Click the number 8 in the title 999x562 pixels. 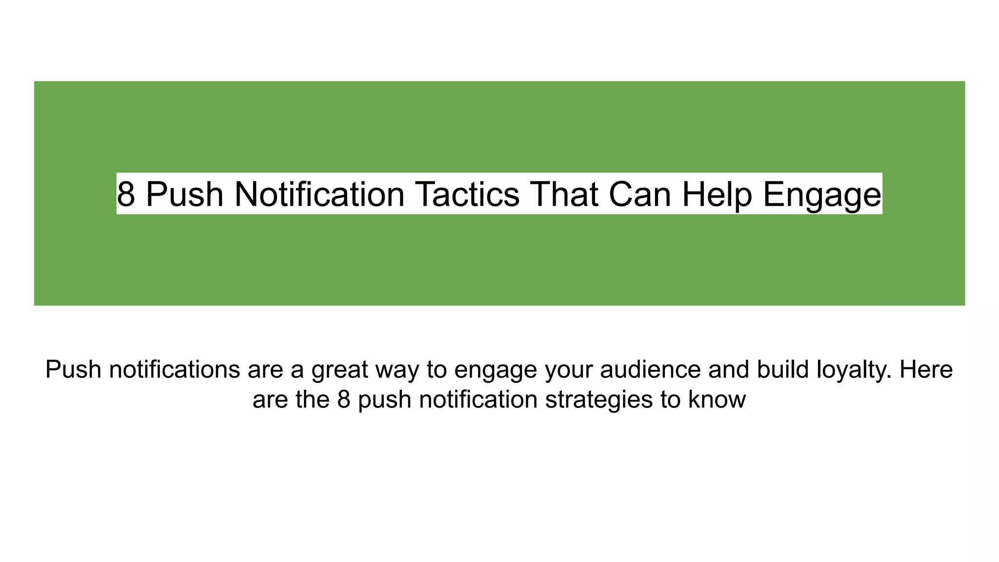tap(126, 194)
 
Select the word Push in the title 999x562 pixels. tap(184, 194)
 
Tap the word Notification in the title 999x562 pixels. tap(320, 194)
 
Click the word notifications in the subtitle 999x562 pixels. tap(175, 369)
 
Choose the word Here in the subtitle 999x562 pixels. tap(926, 369)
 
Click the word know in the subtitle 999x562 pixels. tap(717, 399)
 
